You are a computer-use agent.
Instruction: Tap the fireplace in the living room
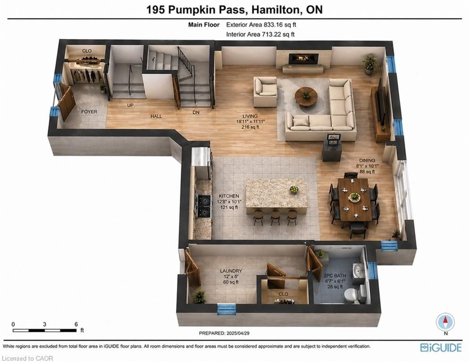303,58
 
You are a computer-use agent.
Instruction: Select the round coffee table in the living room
306,96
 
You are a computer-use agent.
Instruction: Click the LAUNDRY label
231,271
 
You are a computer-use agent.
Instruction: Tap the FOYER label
89,112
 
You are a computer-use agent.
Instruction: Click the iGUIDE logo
441,348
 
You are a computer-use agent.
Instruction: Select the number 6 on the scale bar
76,324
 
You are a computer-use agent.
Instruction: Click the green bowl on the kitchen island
294,189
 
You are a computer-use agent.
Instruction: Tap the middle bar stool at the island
275,217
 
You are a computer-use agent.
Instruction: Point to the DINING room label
367,161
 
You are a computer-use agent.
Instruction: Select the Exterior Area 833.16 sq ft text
261,25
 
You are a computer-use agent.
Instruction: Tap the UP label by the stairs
130,105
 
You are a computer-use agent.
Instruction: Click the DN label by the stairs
196,112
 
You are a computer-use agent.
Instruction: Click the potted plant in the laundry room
198,297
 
